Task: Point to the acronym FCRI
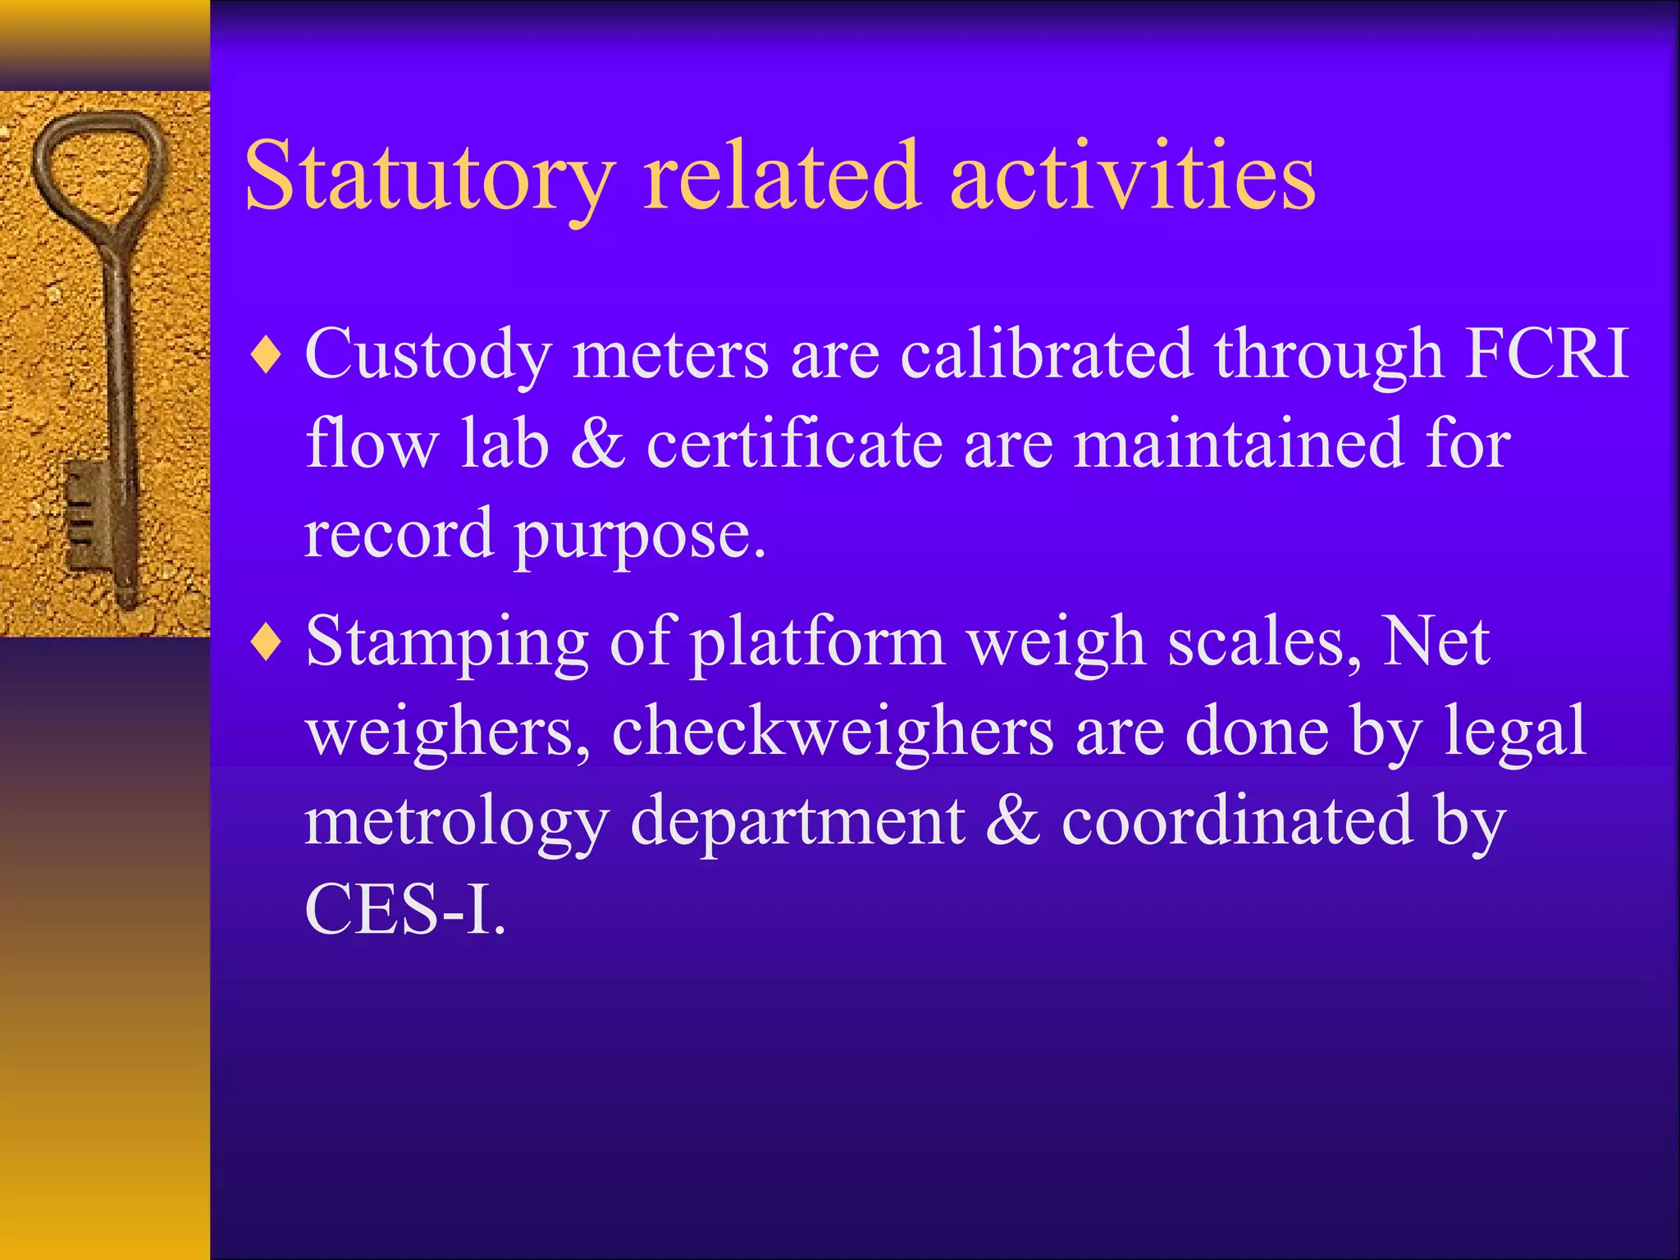[x=1546, y=354]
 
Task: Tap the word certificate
[x=794, y=444]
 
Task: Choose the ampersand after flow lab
[x=597, y=444]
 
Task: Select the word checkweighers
[x=833, y=731]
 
